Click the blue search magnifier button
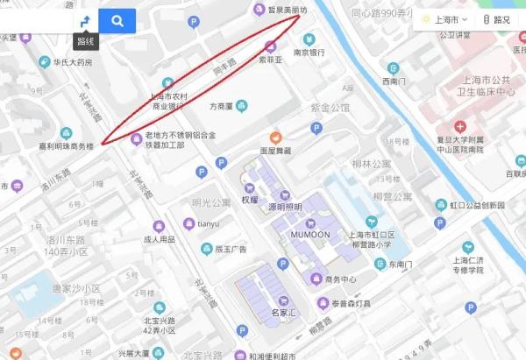coord(117,19)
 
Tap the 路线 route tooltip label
coord(85,40)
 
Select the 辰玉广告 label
coord(230,249)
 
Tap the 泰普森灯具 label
coord(351,303)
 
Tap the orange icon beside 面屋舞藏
coord(275,137)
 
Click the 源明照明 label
coord(284,207)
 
